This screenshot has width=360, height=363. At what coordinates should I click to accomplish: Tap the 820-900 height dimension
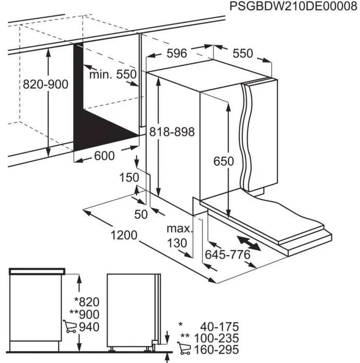point(45,84)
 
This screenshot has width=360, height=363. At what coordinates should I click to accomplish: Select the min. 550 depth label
point(112,75)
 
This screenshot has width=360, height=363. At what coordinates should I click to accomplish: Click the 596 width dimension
point(177,53)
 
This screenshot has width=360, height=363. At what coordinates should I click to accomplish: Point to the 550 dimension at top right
point(242,53)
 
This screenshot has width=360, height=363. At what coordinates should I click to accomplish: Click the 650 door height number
point(224,161)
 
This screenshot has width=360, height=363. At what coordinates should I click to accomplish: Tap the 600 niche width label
point(105,156)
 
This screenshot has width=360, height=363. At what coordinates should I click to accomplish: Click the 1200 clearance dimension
point(124,235)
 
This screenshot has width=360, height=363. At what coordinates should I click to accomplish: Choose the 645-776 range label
point(228,255)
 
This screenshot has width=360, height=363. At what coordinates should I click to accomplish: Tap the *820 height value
point(87,301)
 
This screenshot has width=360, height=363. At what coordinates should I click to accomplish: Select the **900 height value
point(84,314)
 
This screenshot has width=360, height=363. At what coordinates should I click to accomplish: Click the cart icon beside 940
point(69,327)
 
